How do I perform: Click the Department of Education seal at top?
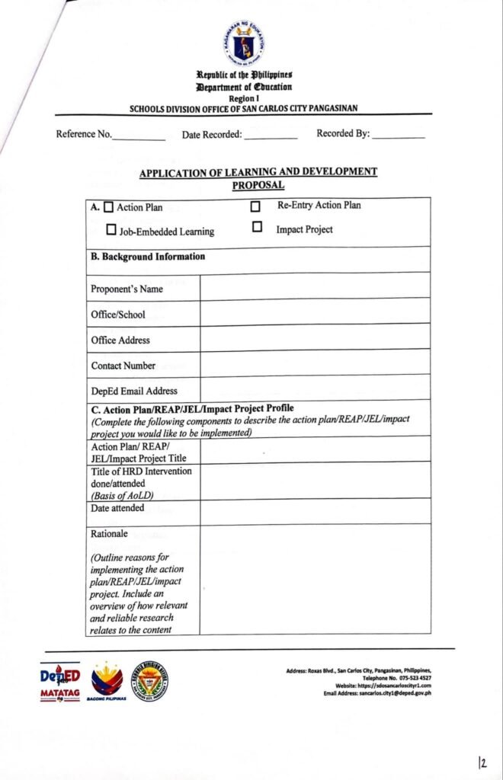[x=245, y=43]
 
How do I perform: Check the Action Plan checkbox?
[x=108, y=206]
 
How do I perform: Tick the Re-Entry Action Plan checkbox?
[x=255, y=206]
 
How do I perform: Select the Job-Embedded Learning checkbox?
[x=111, y=229]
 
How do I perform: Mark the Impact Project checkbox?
[x=257, y=227]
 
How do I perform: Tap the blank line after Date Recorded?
[x=271, y=137]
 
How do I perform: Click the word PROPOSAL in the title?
[x=258, y=185]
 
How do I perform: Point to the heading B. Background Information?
[x=148, y=257]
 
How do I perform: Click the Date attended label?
[x=117, y=508]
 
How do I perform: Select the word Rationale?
[x=110, y=534]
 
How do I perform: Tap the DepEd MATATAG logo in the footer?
[x=59, y=680]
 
